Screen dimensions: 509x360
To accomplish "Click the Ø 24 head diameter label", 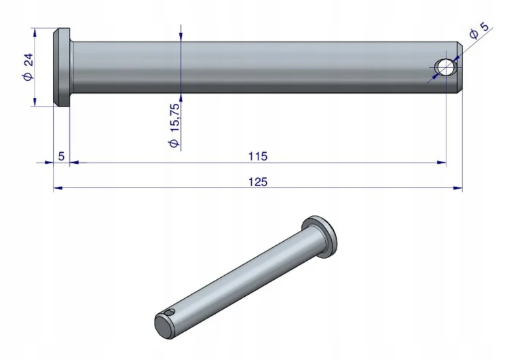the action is (x=29, y=67).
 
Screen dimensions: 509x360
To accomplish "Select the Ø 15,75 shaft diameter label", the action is (x=174, y=126).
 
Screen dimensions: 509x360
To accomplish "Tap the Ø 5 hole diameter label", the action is (x=479, y=30).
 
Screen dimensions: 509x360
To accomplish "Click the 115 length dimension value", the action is (x=258, y=156).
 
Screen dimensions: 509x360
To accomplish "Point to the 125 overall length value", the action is (x=258, y=182).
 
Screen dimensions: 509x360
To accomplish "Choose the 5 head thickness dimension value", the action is (x=61, y=156).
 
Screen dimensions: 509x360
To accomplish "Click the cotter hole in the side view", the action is (x=446, y=67).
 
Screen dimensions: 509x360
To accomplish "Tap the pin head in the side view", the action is (x=62, y=67).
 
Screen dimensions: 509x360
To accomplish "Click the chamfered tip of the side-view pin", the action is (x=459, y=67).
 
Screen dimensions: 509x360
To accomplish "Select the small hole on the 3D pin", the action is (x=170, y=313).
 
